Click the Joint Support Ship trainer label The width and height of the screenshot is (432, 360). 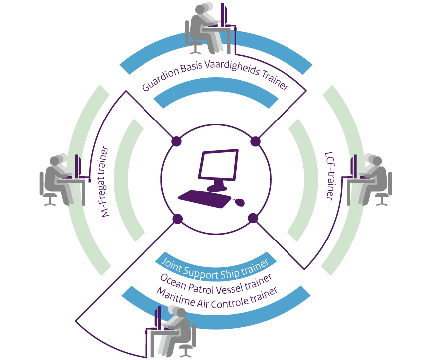(x=215, y=262)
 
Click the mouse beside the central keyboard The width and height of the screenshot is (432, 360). (x=240, y=202)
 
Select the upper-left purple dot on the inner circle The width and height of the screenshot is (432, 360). (x=176, y=141)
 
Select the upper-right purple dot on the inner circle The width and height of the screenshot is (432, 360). (x=255, y=141)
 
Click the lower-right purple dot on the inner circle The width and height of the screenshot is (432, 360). (x=253, y=218)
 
